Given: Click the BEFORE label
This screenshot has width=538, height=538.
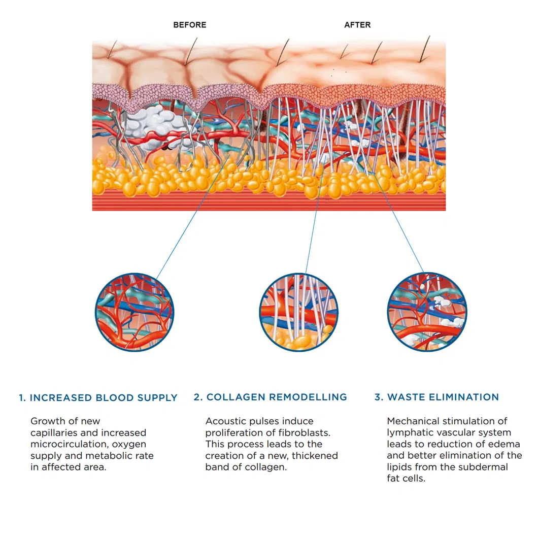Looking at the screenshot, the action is click(190, 25).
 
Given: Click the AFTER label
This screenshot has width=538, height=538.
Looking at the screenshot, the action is click(357, 25).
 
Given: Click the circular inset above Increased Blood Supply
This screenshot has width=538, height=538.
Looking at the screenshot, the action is click(134, 312).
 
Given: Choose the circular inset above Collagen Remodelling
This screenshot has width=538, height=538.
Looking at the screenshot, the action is click(299, 312).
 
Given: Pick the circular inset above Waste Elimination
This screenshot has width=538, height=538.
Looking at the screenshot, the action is click(427, 312).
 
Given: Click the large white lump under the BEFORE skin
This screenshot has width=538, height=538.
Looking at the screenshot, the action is click(156, 127).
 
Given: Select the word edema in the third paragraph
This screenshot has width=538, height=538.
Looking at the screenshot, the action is click(506, 444).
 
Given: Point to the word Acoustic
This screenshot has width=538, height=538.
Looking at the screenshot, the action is click(225, 421).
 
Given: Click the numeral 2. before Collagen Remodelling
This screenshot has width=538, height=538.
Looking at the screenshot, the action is click(198, 397).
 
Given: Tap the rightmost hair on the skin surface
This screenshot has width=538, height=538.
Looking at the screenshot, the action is click(425, 49).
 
